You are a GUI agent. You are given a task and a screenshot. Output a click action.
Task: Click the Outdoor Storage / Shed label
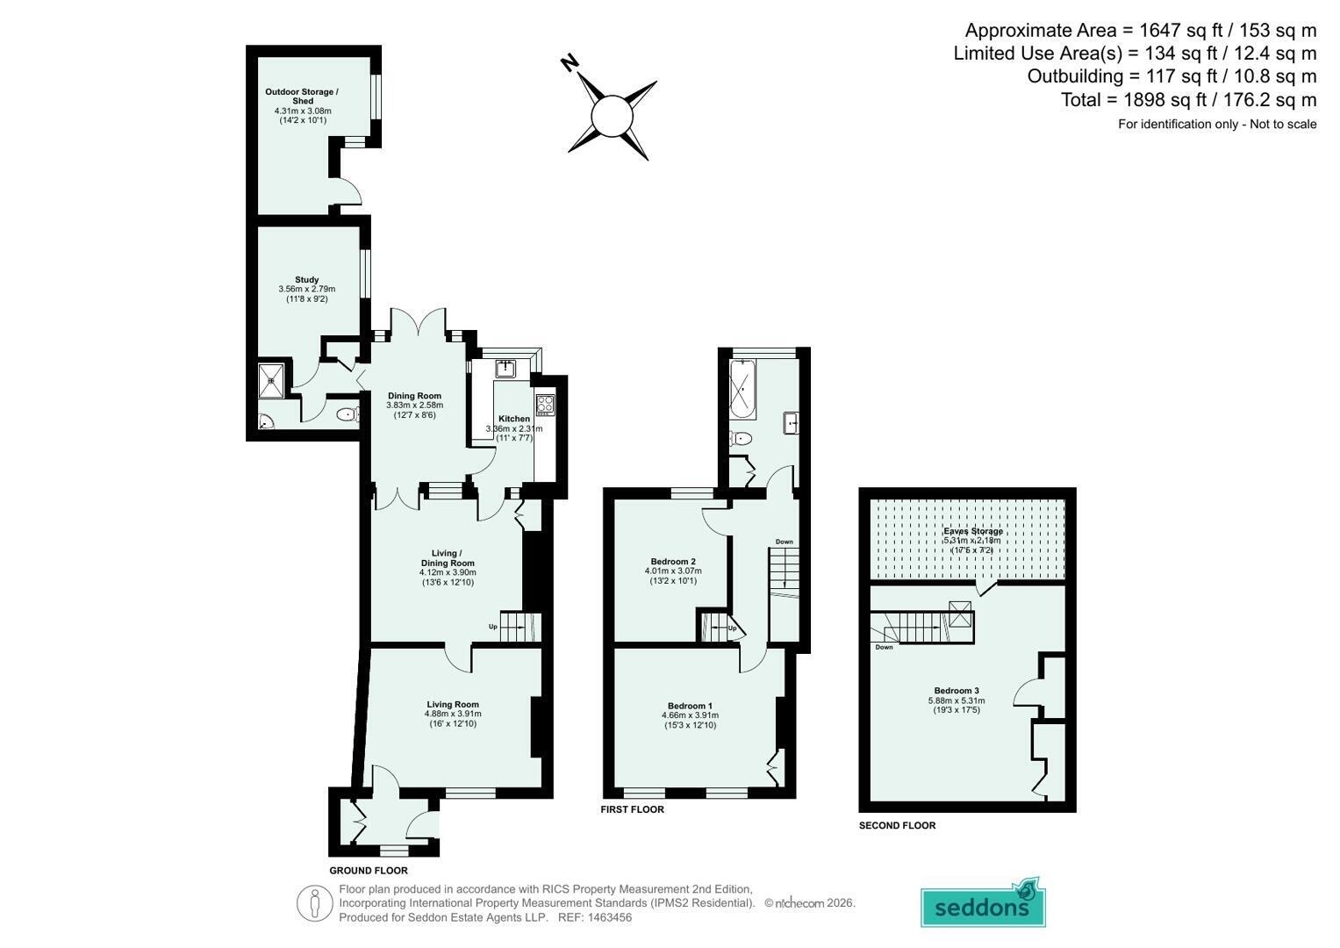click(x=302, y=97)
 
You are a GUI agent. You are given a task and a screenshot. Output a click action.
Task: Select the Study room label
click(x=307, y=279)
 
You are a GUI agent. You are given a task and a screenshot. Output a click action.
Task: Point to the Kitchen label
click(x=514, y=419)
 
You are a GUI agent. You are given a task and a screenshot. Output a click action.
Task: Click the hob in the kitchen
click(x=545, y=405)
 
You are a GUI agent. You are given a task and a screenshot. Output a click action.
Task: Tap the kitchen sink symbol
click(x=505, y=368)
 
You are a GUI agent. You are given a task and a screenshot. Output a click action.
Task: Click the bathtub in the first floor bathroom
click(x=742, y=389)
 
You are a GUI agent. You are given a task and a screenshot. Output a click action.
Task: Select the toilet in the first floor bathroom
click(x=741, y=439)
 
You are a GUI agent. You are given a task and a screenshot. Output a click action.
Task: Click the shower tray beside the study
click(x=271, y=380)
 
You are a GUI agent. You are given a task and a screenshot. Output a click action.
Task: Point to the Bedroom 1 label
click(x=690, y=706)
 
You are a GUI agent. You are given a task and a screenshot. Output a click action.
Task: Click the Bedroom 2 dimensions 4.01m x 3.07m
click(x=673, y=571)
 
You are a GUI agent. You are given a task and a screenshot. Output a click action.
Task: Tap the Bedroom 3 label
click(x=957, y=691)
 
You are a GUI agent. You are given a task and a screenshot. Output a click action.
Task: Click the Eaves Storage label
click(x=972, y=531)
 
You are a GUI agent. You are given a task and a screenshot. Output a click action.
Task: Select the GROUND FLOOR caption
click(x=369, y=870)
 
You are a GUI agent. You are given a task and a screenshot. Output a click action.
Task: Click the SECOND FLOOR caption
click(x=898, y=825)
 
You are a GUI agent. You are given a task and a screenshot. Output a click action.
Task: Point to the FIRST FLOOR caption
click(x=633, y=809)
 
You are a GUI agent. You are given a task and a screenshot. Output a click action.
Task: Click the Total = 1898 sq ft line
click(x=1189, y=99)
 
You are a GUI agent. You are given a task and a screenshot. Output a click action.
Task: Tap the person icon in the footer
click(x=315, y=904)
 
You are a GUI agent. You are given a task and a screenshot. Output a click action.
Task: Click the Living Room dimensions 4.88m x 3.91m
click(x=453, y=714)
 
